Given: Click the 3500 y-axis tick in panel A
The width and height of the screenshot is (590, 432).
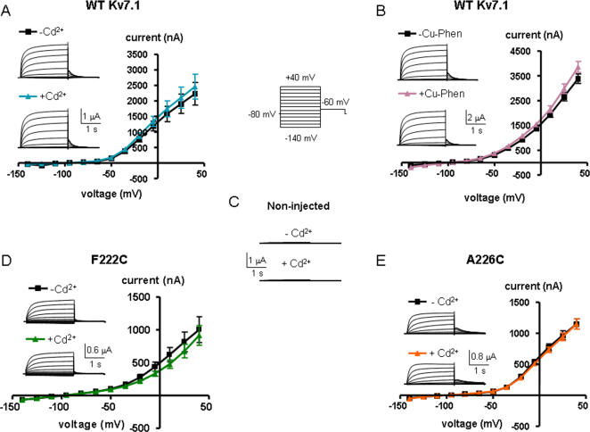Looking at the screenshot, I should [x=135, y=55].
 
